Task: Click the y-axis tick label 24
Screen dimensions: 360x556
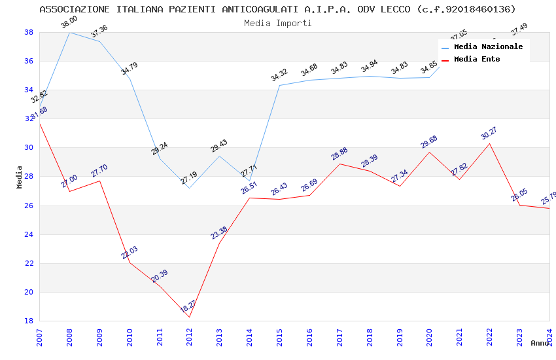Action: [29, 234]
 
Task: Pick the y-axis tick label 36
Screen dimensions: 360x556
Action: [29, 62]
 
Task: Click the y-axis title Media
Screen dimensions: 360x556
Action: [20, 177]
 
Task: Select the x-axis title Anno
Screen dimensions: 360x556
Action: [540, 343]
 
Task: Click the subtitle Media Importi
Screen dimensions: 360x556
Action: [278, 23]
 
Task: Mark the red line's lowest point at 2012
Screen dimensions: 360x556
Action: [190, 317]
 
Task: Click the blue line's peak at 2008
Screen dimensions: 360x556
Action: [69, 32]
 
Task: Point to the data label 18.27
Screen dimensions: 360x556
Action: [188, 306]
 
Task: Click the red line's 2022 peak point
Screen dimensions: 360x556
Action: [489, 143]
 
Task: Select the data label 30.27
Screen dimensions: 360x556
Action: [489, 134]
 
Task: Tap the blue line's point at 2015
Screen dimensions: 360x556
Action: [279, 85]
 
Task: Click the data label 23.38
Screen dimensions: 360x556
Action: [219, 232]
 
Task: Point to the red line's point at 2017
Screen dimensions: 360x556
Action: [339, 164]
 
